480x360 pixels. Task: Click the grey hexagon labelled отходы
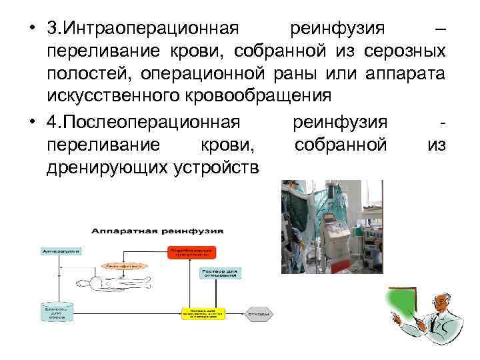coord(259,313)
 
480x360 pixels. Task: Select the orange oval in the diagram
coord(123,265)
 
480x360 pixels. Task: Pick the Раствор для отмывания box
coord(219,273)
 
